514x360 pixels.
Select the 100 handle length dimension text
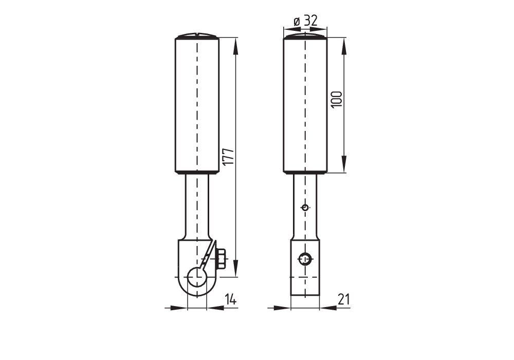(x=337, y=99)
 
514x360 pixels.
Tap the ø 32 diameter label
(x=305, y=21)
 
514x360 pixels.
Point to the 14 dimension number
(x=231, y=299)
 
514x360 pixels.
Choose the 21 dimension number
(x=343, y=299)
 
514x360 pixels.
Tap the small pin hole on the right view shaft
(x=305, y=207)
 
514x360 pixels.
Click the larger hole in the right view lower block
(x=305, y=259)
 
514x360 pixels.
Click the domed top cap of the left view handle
(x=197, y=36)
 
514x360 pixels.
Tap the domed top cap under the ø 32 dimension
(x=305, y=36)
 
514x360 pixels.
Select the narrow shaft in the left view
(x=197, y=205)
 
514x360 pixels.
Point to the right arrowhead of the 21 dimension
(x=328, y=308)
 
